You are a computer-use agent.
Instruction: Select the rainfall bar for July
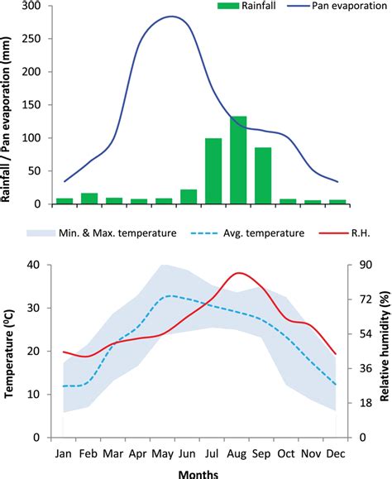tap(213, 172)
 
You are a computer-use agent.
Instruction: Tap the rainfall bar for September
tap(263, 176)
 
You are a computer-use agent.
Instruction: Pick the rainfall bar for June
tap(189, 197)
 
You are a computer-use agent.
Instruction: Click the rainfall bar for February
tap(89, 199)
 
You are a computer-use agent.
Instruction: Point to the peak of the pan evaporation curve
tap(171, 17)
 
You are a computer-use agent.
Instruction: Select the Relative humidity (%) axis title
tap(383, 339)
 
